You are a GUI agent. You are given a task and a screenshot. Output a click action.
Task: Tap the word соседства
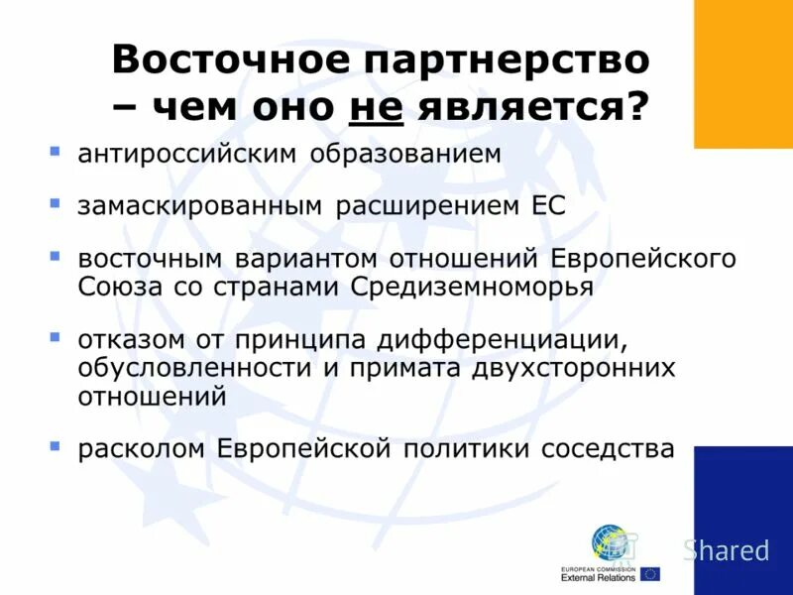point(608,449)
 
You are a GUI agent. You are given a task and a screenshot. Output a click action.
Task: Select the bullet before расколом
point(56,446)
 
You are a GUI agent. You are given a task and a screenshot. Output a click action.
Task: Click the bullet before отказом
point(56,337)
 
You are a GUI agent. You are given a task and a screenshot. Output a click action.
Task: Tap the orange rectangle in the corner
point(742,74)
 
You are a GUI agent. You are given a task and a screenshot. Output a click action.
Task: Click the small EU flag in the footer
point(649,573)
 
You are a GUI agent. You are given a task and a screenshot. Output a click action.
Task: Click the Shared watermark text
point(727,550)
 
